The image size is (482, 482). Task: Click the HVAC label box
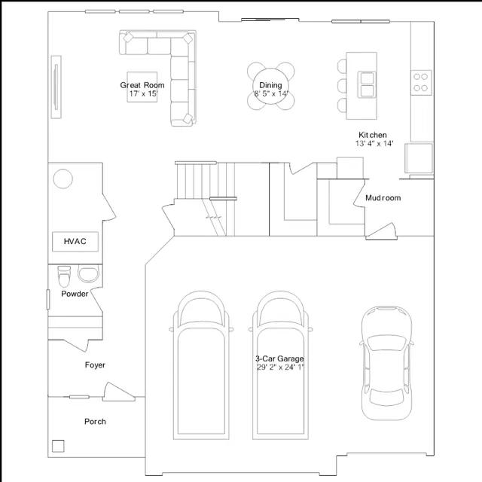tap(75, 242)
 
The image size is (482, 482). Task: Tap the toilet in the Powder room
tap(64, 276)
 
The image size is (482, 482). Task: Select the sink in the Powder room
tap(89, 274)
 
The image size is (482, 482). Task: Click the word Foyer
tap(95, 365)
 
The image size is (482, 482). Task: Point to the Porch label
tap(95, 422)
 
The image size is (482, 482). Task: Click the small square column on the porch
tap(58, 446)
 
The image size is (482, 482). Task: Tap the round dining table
tap(270, 86)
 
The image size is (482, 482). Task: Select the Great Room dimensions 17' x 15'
tap(143, 93)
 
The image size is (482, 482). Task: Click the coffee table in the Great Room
tap(142, 87)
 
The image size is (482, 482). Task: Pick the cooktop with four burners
tap(421, 82)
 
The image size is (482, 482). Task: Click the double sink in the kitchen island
tap(367, 85)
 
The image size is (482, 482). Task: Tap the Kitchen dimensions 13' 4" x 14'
tap(374, 143)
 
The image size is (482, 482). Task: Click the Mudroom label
tap(383, 198)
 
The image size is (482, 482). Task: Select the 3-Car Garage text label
tap(279, 358)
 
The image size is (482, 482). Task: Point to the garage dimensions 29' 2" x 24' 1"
tap(280, 367)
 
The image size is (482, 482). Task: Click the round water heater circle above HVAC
tap(63, 178)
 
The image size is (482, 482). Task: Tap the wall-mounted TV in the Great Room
tap(56, 87)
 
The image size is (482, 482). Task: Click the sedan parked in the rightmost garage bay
tap(386, 363)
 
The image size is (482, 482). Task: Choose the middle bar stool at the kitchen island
tap(342, 86)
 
